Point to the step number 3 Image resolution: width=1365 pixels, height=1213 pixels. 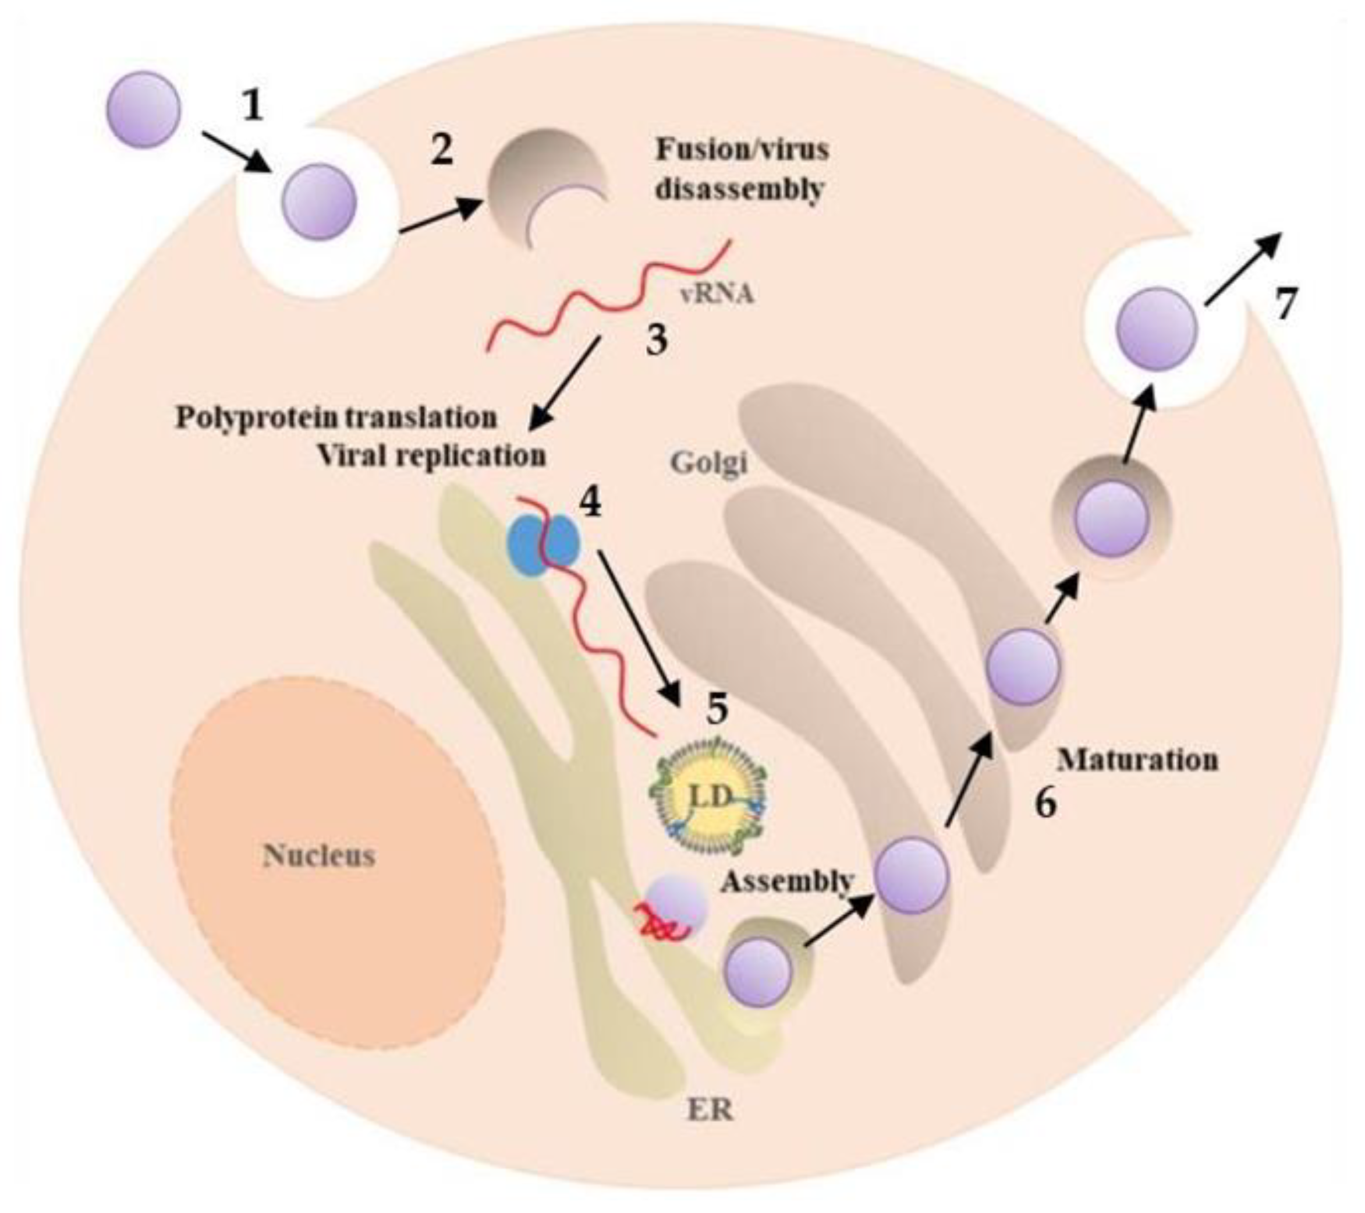click(656, 340)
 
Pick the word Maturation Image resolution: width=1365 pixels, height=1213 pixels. click(1137, 759)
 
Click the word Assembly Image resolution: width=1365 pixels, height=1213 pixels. click(786, 882)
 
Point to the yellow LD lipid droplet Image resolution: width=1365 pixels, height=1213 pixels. click(708, 795)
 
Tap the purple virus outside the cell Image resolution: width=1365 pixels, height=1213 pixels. click(144, 109)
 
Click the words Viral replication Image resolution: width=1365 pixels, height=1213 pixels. click(431, 455)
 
